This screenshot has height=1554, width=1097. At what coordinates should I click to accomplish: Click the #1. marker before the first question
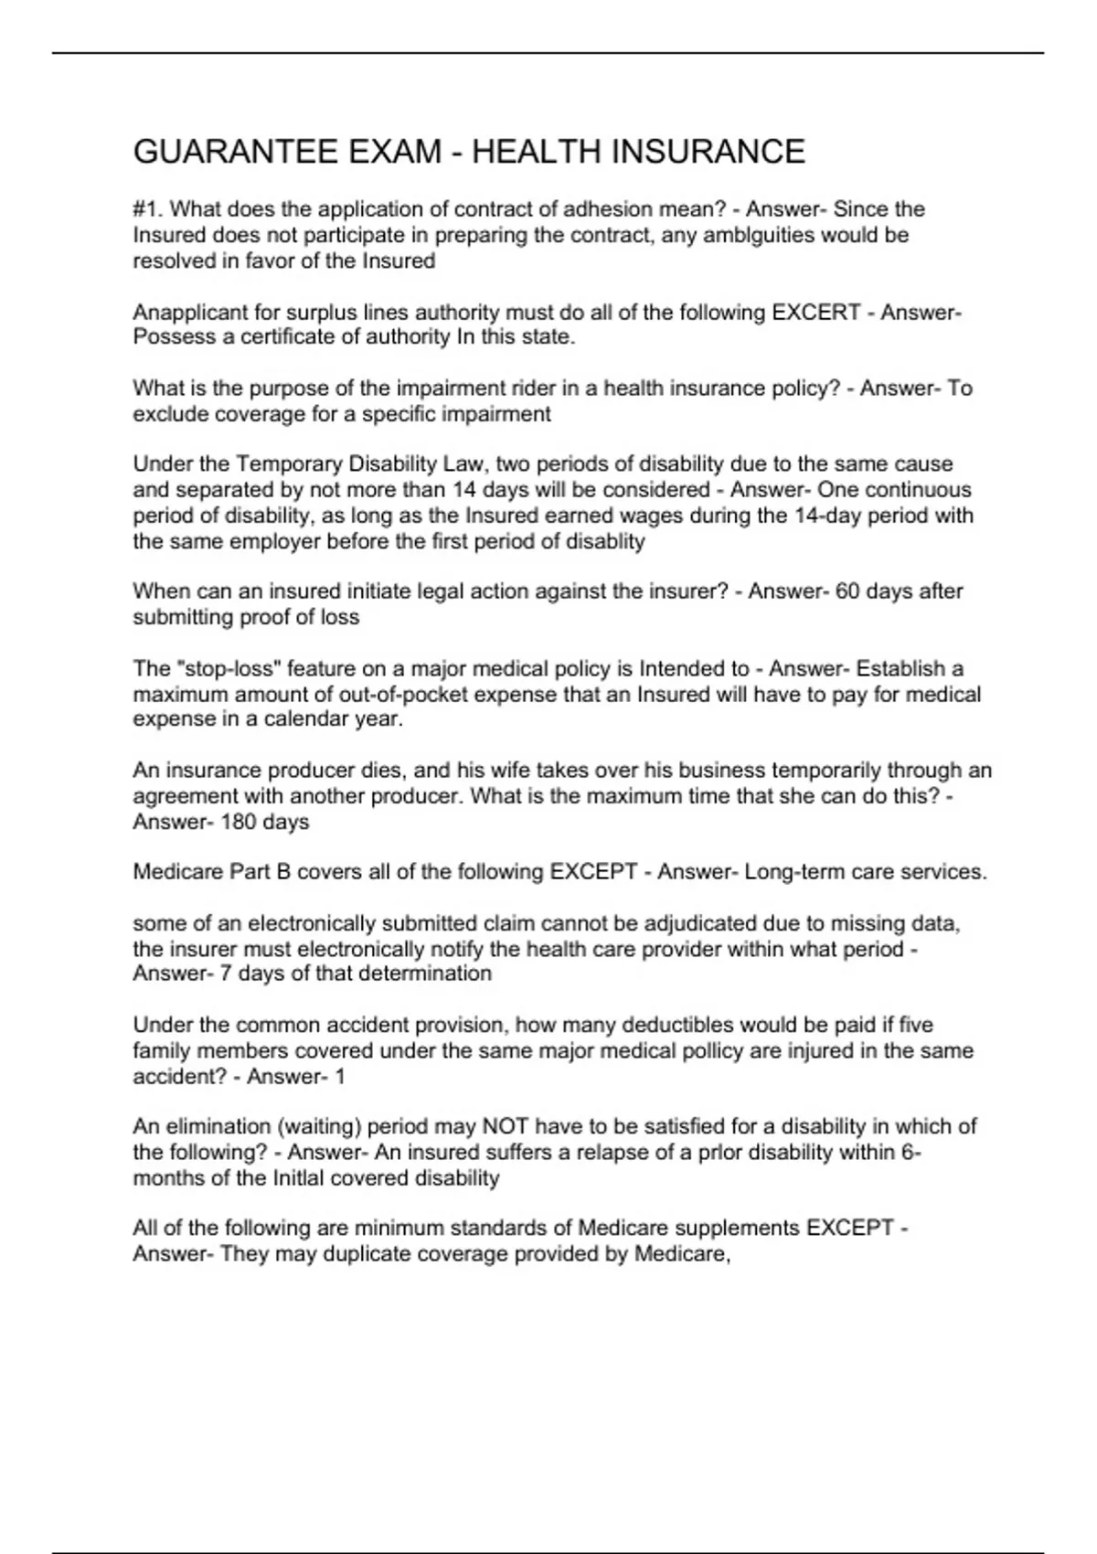click(149, 209)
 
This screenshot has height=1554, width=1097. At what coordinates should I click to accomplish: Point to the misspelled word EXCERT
click(816, 313)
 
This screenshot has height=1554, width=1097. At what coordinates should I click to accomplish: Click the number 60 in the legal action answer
click(847, 591)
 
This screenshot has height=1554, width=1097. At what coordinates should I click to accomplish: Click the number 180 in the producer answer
click(239, 822)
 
